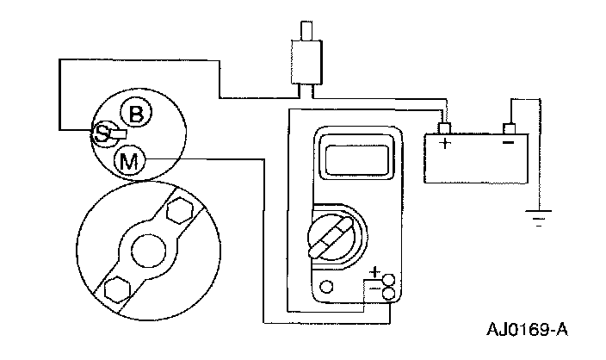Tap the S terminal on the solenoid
[x=102, y=133]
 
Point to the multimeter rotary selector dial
[x=328, y=233]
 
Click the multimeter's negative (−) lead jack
[x=388, y=295]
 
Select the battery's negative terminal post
[x=509, y=128]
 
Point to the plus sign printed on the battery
[x=445, y=143]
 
